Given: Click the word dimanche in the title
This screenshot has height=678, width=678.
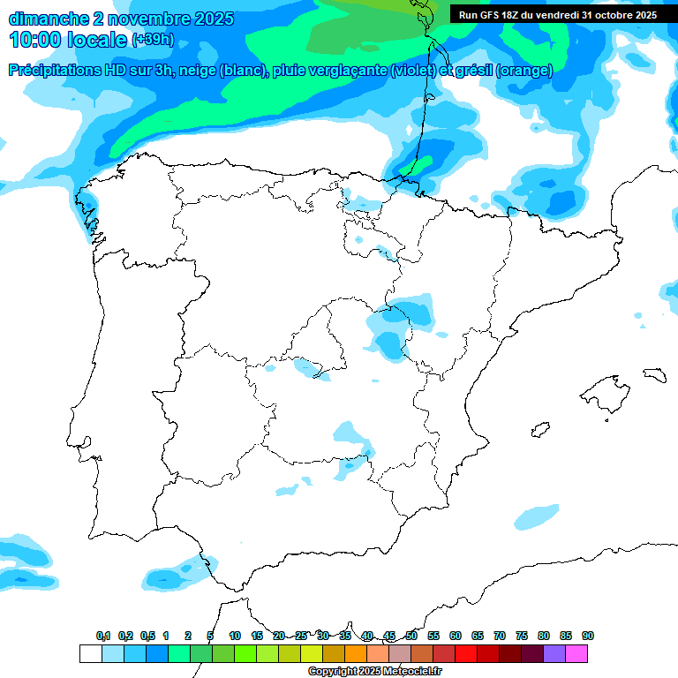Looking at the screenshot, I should (47, 19).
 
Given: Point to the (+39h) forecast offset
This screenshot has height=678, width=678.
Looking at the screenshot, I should (154, 40).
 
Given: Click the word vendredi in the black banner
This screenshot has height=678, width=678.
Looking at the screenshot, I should (552, 15).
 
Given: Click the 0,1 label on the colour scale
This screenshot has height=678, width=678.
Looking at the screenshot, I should (103, 636).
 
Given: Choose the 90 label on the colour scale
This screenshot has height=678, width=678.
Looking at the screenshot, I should (588, 636).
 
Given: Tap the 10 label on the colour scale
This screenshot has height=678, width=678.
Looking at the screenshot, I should (235, 636).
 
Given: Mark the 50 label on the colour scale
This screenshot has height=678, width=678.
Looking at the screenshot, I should (411, 636).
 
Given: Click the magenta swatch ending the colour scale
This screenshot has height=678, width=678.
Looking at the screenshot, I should (576, 653).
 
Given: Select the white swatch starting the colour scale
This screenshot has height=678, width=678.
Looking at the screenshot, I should (90, 653).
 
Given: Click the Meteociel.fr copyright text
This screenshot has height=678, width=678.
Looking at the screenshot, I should (373, 672).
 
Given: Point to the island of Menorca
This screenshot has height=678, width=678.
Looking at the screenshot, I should (654, 374).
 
